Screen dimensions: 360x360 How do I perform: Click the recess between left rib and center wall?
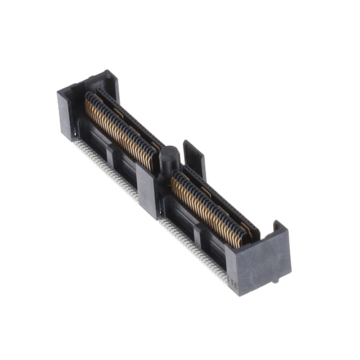[x=127, y=172]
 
